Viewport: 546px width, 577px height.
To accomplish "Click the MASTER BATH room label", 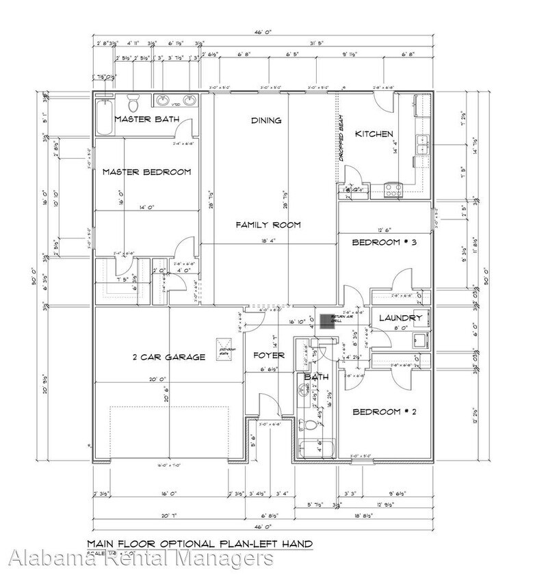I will tap(146, 119).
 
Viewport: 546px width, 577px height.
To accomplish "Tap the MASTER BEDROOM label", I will tap(146, 172).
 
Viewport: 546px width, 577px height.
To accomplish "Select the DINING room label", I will tap(266, 121).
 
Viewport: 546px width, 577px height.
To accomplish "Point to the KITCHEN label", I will tap(374, 134).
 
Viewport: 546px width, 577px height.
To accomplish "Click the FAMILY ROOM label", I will tap(268, 225).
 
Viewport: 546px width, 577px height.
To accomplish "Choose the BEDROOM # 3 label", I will tap(384, 243).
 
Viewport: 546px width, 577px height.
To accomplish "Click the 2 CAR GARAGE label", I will tap(168, 357).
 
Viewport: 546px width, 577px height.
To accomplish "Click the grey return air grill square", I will tap(326, 321).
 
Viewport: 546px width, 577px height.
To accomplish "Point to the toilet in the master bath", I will tap(135, 104).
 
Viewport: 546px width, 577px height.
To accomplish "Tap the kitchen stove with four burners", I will tap(395, 189).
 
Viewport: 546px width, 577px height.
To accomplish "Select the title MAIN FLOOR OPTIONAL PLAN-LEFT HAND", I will tap(200, 544).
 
